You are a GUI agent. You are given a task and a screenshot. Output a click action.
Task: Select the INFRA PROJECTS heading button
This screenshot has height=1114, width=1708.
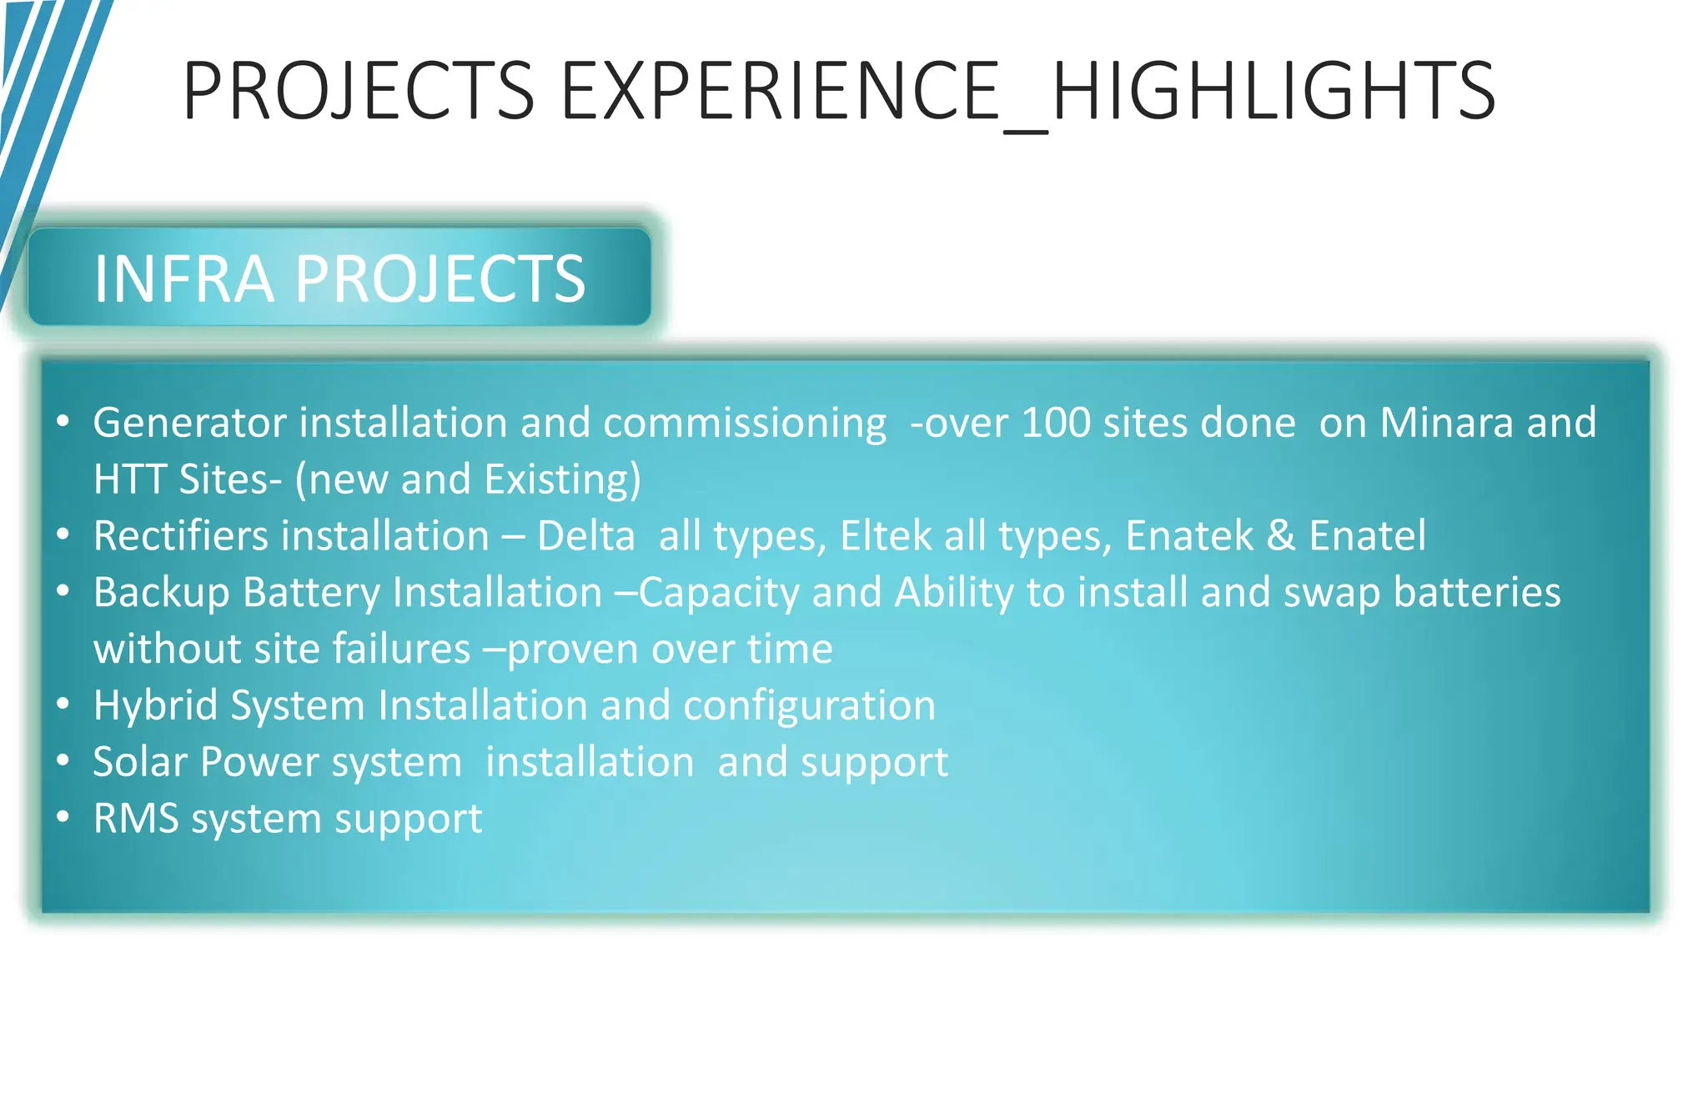[339, 278]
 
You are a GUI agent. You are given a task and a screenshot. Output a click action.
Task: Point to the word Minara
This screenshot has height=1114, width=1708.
[1446, 423]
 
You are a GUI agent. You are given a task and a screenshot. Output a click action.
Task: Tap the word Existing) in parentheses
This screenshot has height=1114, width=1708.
[563, 479]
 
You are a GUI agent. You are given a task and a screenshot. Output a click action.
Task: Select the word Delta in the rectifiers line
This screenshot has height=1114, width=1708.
[586, 536]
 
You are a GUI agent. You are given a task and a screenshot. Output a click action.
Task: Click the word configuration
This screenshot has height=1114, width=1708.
[809, 706]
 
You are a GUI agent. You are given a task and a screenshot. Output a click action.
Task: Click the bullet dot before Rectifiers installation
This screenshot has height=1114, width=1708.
[63, 534]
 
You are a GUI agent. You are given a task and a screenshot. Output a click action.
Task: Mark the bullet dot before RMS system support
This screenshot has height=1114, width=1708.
[63, 817]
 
